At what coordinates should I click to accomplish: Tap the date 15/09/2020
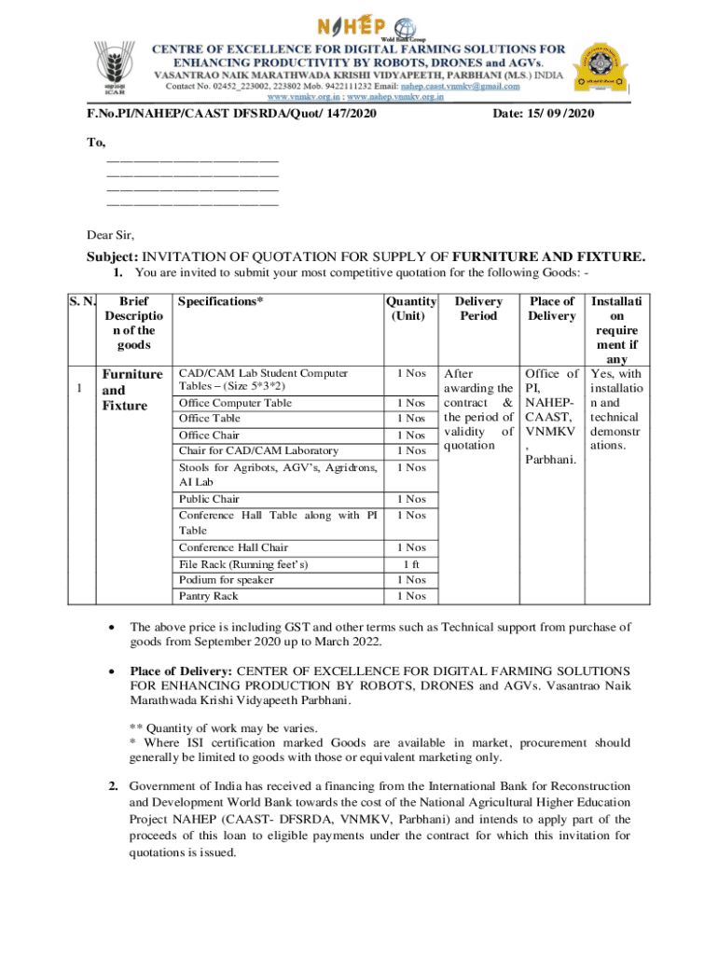[542, 114]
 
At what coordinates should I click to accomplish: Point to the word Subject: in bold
[113, 256]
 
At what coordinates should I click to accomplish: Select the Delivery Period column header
[479, 309]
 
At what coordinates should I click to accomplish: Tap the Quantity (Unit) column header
[410, 309]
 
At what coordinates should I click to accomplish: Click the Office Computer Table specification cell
[235, 403]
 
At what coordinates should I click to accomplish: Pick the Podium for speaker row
[226, 579]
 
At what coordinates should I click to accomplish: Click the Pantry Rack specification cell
[208, 596]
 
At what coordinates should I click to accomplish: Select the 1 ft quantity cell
[410, 563]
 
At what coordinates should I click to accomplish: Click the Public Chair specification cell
[209, 499]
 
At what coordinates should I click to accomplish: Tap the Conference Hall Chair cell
[233, 547]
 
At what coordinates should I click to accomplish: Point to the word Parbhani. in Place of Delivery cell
[553, 460]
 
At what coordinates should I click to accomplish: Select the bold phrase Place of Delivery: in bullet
[182, 671]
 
